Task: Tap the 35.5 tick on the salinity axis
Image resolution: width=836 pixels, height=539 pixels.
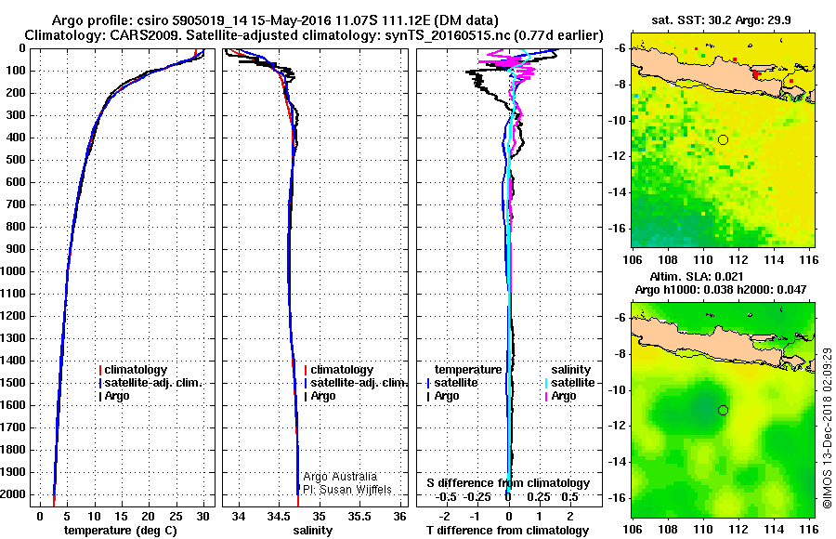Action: click(359, 516)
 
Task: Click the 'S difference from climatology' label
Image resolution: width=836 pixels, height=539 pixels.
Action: click(508, 483)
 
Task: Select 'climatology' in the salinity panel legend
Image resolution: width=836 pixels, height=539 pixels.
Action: click(342, 370)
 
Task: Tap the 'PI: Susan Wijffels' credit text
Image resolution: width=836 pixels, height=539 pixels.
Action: click(347, 490)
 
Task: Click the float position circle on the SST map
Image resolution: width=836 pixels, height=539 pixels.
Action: click(723, 139)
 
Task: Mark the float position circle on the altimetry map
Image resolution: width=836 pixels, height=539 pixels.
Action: click(723, 410)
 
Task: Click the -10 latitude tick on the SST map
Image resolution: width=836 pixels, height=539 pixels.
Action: click(620, 121)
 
